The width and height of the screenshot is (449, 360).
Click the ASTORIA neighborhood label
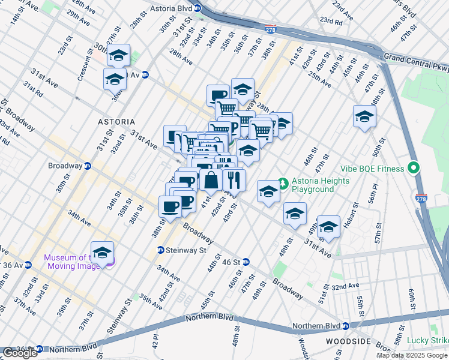[116, 121]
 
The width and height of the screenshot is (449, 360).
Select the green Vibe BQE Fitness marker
[413, 168]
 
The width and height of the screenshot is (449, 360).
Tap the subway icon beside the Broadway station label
[88, 166]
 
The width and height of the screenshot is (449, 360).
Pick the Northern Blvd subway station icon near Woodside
[346, 326]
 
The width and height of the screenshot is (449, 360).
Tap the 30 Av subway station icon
[145, 75]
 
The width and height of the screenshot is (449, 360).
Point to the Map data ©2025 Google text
[412, 355]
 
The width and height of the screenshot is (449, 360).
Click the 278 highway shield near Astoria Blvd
[271, 28]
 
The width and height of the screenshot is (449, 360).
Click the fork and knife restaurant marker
[234, 179]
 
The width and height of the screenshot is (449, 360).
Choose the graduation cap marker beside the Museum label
[102, 252]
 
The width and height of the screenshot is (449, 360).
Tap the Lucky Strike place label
[427, 341]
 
